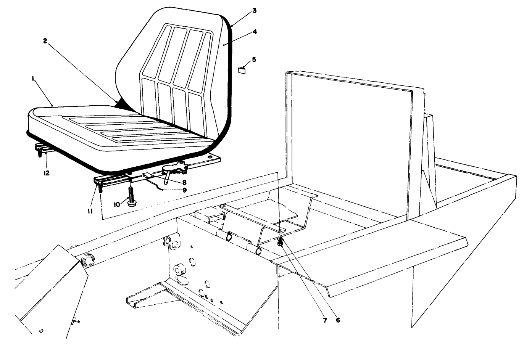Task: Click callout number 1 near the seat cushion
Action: pyautogui.click(x=34, y=79)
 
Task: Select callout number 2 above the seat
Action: pyautogui.click(x=45, y=41)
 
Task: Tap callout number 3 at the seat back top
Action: pyautogui.click(x=254, y=11)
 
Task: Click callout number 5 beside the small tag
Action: pyautogui.click(x=254, y=59)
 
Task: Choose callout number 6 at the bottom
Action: pyautogui.click(x=337, y=320)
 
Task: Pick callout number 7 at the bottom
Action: pyautogui.click(x=324, y=320)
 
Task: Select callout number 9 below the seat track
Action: pyautogui.click(x=184, y=190)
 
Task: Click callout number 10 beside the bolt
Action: pyautogui.click(x=117, y=204)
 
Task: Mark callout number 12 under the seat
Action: pyautogui.click(x=46, y=173)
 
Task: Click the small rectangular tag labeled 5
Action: pyautogui.click(x=242, y=69)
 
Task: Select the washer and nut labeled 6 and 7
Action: pyautogui.click(x=280, y=242)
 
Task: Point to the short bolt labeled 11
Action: pyautogui.click(x=100, y=187)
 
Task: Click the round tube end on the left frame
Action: pyautogui.click(x=88, y=262)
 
